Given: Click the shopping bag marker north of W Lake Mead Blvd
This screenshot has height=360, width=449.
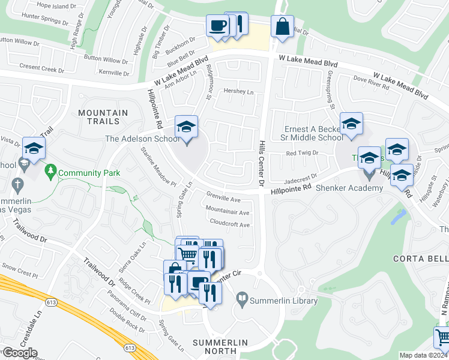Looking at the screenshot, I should tap(282, 27).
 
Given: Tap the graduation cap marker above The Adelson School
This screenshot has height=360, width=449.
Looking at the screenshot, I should tap(186, 127).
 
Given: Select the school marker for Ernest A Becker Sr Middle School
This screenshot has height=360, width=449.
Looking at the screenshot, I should tap(351, 125).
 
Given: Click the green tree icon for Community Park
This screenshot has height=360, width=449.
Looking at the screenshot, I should tap(50, 173).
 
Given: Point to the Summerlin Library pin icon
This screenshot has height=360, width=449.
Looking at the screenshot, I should tap(241, 298).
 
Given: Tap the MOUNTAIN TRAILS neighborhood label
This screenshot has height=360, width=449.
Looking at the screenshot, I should tap(103, 118).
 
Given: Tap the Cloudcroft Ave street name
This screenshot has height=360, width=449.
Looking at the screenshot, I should tap(230, 224).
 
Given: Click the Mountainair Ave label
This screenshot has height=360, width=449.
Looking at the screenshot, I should tap(227, 212).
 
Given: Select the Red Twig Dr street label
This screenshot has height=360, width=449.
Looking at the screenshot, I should tap(302, 154).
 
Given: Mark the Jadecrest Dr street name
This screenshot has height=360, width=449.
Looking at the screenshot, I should tap(300, 179).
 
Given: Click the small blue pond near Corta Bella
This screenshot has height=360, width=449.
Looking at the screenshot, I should tap(397, 217).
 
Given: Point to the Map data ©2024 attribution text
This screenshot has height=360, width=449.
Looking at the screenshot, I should tap(424, 355).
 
